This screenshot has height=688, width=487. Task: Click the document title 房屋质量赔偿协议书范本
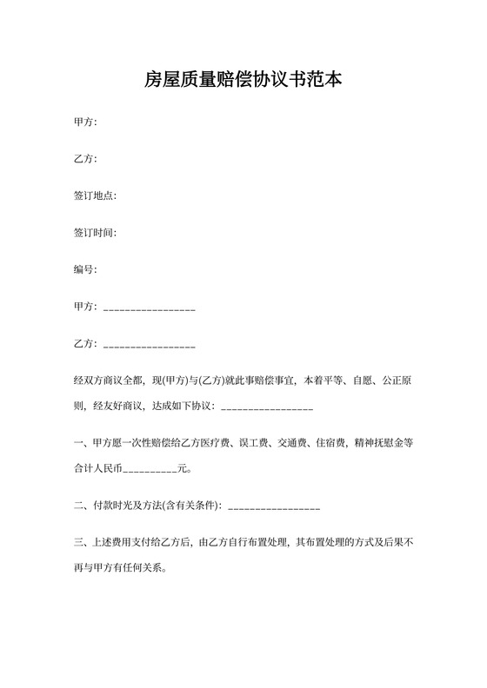point(243,81)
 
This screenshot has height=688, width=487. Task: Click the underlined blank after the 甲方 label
point(149,308)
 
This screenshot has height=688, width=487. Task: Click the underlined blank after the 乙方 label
point(149,346)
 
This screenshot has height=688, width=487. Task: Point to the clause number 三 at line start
point(78,544)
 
